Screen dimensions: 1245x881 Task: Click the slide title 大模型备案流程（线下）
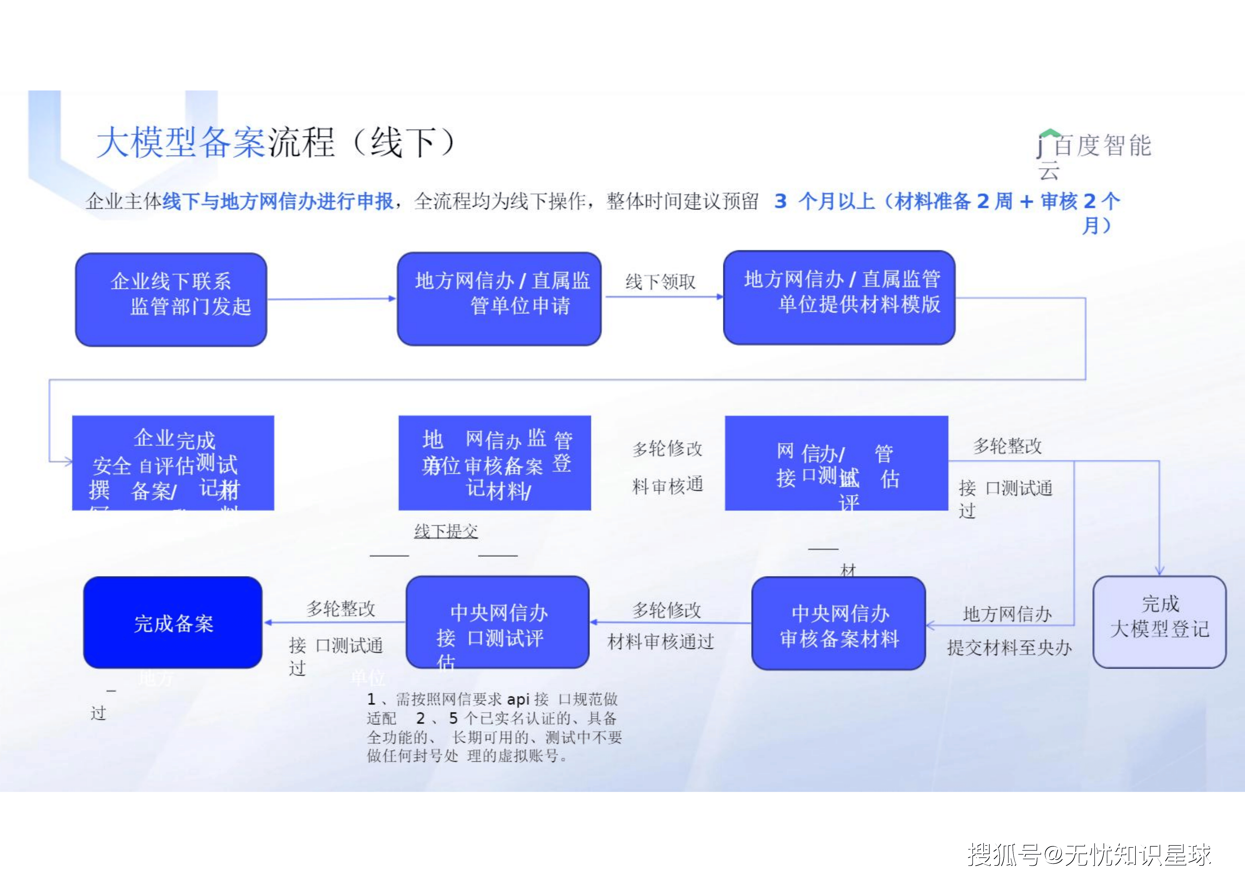[x=275, y=143]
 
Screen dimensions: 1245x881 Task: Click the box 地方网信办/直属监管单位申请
[x=499, y=298]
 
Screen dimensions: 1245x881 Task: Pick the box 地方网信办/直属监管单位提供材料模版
[x=839, y=297]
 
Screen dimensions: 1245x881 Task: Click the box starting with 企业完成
[x=173, y=463]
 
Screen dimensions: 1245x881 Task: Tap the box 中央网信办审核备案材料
[x=838, y=623]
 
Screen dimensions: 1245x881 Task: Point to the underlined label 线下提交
[x=446, y=531]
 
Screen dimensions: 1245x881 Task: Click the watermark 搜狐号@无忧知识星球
[x=1089, y=855]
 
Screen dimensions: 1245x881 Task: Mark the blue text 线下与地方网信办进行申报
[x=278, y=201]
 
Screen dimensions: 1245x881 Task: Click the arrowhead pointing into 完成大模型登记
[x=1159, y=571]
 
